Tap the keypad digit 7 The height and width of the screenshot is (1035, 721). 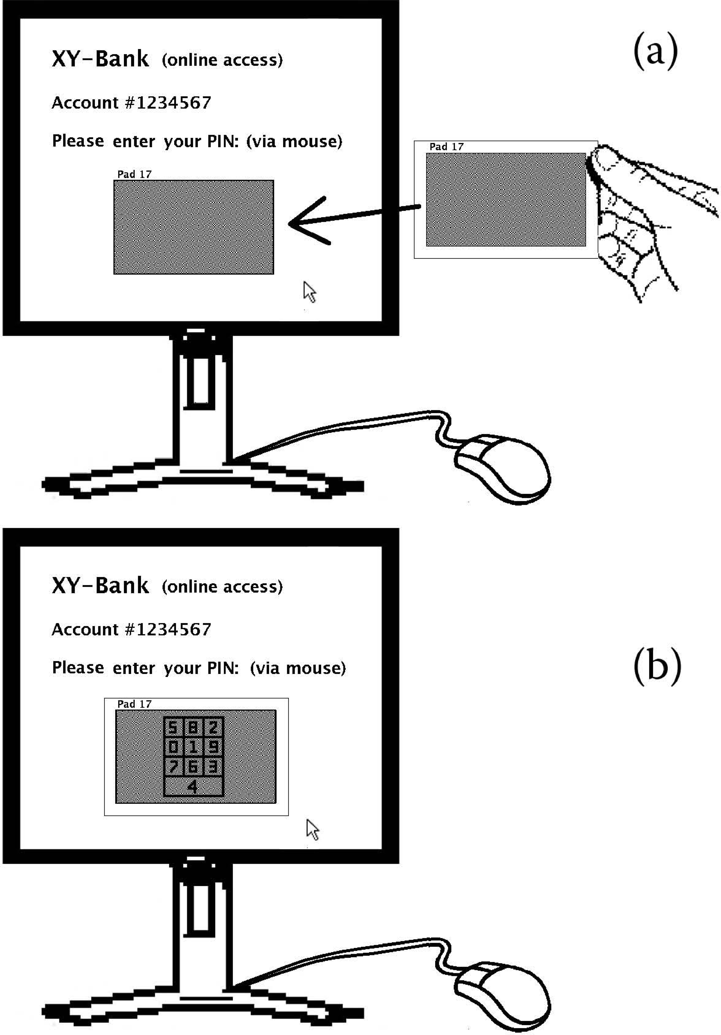pyautogui.click(x=172, y=767)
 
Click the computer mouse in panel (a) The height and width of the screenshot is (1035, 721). pyautogui.click(x=503, y=469)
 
